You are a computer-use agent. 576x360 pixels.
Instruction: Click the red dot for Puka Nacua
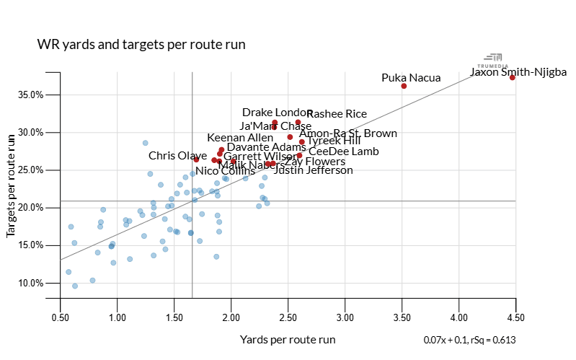(404, 86)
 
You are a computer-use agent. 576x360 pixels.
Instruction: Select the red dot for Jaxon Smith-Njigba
(513, 77)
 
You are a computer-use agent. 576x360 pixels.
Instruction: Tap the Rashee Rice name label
(337, 113)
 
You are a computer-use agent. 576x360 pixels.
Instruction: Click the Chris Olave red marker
(196, 159)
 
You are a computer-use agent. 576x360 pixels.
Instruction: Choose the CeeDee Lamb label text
(343, 152)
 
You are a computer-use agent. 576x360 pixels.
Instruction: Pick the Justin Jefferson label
(314, 170)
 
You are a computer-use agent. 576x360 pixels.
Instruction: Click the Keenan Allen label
(240, 138)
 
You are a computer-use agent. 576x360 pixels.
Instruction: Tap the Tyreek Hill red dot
(302, 142)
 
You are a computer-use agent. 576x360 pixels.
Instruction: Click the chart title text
(141, 45)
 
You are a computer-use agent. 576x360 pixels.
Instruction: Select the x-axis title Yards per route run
(288, 339)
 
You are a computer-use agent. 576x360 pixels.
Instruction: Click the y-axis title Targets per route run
(12, 185)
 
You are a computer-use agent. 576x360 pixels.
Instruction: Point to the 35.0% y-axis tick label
(31, 95)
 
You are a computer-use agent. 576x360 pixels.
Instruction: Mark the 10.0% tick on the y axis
(31, 283)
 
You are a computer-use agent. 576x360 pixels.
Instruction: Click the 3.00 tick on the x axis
(345, 317)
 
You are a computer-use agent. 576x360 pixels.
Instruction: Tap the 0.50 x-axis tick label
(61, 317)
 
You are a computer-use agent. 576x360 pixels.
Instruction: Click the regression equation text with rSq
(470, 340)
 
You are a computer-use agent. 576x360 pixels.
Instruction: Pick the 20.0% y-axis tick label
(31, 208)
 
